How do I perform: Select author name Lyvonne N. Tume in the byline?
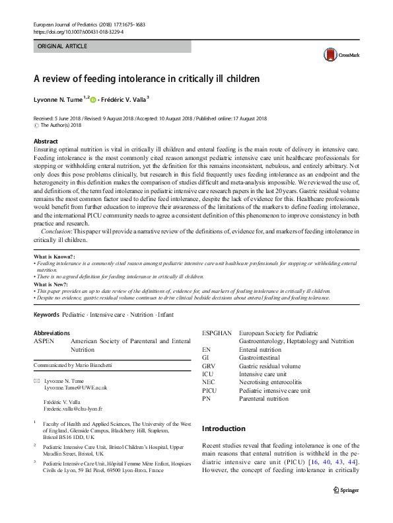tap(57, 99)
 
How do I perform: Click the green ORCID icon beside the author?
tap(93, 100)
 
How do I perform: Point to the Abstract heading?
tap(46, 141)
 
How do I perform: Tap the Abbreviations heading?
tap(52, 333)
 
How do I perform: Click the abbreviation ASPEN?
tap(45, 341)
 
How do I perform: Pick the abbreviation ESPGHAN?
tap(217, 333)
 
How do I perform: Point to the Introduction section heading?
tap(224, 428)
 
